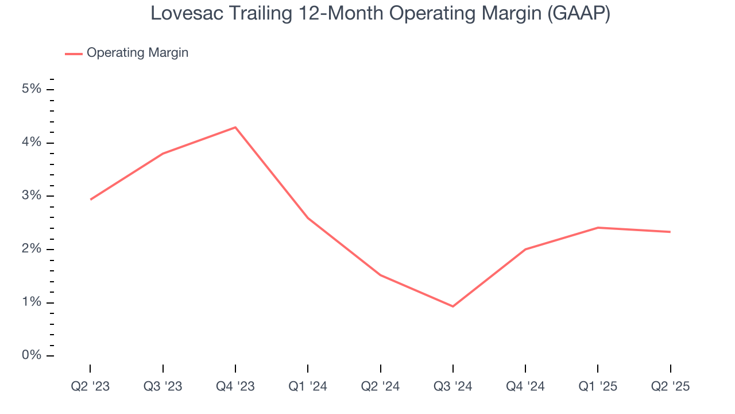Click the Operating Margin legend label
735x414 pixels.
pyautogui.click(x=137, y=53)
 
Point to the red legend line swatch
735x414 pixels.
pyautogui.click(x=73, y=53)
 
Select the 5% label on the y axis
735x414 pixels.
pyautogui.click(x=32, y=89)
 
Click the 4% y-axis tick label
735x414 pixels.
pyautogui.click(x=32, y=143)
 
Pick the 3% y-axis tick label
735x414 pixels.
pyautogui.click(x=32, y=196)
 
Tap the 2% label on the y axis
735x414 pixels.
pyautogui.click(x=32, y=249)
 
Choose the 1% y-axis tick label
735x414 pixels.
pyautogui.click(x=32, y=302)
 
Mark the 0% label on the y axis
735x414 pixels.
pyautogui.click(x=32, y=355)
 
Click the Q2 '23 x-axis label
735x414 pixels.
pyautogui.click(x=90, y=386)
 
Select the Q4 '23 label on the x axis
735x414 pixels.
pyautogui.click(x=235, y=386)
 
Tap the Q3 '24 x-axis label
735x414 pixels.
pyautogui.click(x=453, y=386)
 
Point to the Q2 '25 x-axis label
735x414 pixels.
pyautogui.click(x=670, y=386)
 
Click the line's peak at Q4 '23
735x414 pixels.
pyautogui.click(x=235, y=127)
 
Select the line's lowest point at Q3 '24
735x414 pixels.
pyautogui.click(x=453, y=306)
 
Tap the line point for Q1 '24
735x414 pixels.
pyautogui.click(x=308, y=218)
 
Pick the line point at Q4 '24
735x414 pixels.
pyautogui.click(x=525, y=249)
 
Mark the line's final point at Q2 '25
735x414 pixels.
pyautogui.click(x=670, y=232)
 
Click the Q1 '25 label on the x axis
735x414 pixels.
pyautogui.click(x=598, y=386)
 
